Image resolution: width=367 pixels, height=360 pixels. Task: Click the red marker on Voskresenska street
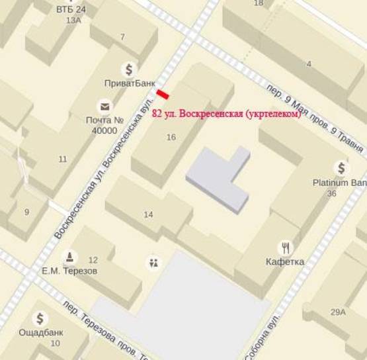(163, 95)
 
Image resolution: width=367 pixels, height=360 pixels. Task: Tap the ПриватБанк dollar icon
(129, 69)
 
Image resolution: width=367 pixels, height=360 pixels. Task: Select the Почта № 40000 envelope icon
(104, 107)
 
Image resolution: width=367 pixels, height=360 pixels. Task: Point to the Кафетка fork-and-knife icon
(286, 247)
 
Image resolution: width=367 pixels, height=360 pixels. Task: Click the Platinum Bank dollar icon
(341, 168)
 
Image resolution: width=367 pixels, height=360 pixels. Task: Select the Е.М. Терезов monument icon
(69, 257)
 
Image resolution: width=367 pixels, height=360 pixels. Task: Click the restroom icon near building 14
(154, 263)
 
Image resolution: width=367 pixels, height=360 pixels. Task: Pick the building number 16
(171, 137)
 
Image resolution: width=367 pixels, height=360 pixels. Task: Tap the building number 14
(148, 214)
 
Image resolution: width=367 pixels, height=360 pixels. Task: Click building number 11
(63, 159)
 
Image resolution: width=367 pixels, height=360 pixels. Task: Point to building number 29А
(339, 312)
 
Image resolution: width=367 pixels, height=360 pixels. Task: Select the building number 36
(332, 194)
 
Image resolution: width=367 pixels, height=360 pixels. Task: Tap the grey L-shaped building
(218, 178)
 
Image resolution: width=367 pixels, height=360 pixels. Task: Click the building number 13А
(73, 21)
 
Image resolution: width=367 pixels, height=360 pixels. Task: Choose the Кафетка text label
(286, 261)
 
